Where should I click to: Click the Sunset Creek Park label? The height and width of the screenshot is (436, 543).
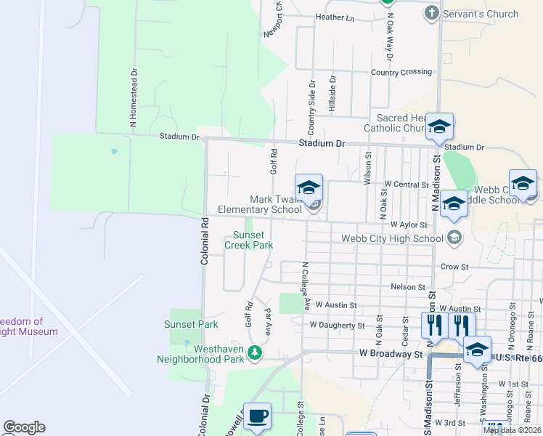pos(253,240)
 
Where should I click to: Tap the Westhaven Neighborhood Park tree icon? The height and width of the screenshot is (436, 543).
pos(254,353)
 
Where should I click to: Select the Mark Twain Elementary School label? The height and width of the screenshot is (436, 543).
pos(275,204)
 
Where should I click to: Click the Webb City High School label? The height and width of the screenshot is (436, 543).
pos(392,238)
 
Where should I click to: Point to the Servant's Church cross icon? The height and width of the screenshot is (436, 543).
pos(431,14)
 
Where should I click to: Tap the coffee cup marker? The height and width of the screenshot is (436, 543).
pos(257,416)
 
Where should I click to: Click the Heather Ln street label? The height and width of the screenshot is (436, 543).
pos(335,17)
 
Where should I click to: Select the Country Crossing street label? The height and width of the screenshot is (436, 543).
pos(401,72)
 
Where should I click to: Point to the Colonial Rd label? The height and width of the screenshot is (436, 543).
pos(205,243)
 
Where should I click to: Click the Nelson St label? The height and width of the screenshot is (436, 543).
pos(407,287)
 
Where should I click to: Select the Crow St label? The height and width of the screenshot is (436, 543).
pos(454,267)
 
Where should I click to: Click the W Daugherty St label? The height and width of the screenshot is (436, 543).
pos(337,326)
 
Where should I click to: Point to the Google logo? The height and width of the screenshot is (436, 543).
pos(24,427)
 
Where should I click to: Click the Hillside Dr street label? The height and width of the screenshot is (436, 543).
pos(332,94)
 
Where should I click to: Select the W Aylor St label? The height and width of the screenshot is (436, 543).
pos(407,225)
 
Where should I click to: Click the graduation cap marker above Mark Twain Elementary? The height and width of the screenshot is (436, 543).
pos(309,187)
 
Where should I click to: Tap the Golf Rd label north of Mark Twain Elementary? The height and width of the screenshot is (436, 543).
pos(274,161)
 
